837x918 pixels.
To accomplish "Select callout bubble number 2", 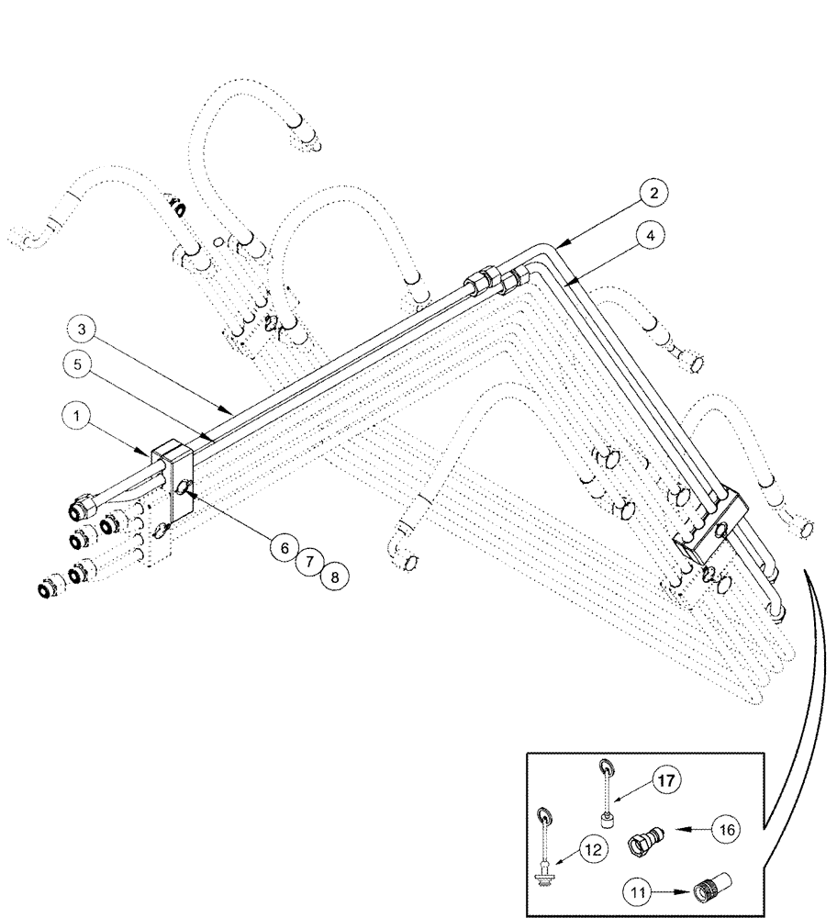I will pyautogui.click(x=653, y=194).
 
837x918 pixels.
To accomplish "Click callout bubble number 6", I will pyautogui.click(x=285, y=548).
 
